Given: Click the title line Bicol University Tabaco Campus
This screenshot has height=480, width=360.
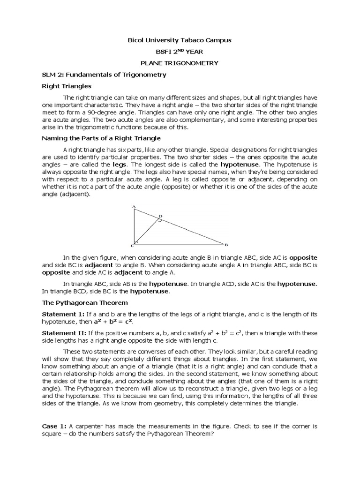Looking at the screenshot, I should tap(180, 41).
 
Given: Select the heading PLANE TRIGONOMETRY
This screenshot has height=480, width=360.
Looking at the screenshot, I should tap(180, 62).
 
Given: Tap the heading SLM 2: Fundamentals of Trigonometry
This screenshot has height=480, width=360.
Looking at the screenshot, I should tap(104, 75).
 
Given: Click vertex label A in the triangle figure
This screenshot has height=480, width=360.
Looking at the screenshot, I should tap(134, 206).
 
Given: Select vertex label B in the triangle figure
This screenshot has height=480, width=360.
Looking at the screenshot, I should tap(226, 244).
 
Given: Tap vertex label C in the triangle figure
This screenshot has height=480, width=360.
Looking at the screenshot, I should tap(132, 245).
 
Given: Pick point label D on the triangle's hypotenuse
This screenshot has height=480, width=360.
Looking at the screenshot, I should tap(160, 216).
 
